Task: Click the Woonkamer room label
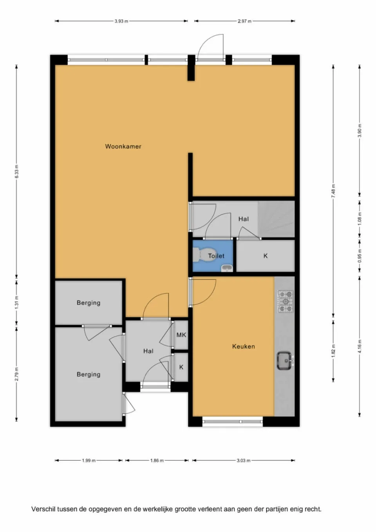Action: (123, 147)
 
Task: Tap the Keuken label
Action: (243, 346)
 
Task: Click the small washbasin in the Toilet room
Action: (226, 268)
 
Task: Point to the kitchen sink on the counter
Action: (284, 360)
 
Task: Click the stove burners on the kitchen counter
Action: (286, 301)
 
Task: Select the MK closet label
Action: (181, 335)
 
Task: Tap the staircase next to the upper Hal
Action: (276, 219)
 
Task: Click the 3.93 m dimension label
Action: (121, 21)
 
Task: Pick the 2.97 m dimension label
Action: (244, 21)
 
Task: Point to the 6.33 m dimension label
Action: (16, 172)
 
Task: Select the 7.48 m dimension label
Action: (333, 190)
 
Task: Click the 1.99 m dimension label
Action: (89, 460)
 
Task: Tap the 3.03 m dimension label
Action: (243, 460)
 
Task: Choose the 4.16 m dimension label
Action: (360, 346)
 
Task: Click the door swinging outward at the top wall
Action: (211, 48)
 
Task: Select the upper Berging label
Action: (89, 303)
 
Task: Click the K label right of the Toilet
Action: (266, 256)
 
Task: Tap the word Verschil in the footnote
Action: (43, 509)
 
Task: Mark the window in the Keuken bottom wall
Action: (233, 422)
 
